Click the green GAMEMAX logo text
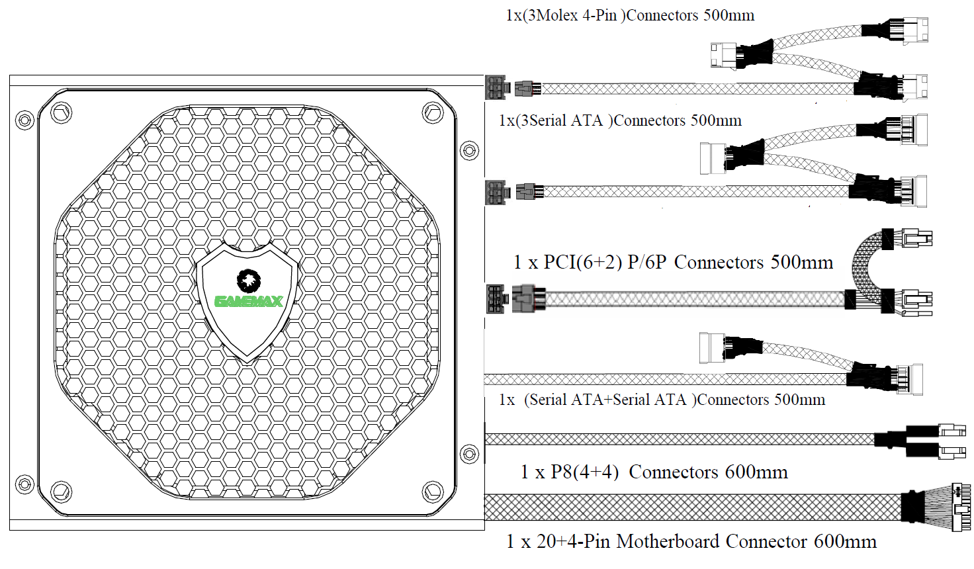tap(249, 301)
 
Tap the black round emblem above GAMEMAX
tap(248, 281)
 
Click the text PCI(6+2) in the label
tap(583, 262)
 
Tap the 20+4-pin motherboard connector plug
tap(961, 507)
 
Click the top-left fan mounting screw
tap(62, 112)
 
